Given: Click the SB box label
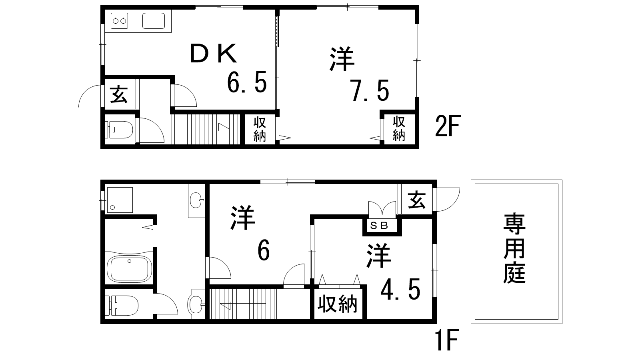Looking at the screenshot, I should click(x=380, y=226).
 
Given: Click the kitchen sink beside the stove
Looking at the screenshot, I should click(x=154, y=21).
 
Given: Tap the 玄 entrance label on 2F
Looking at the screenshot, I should click(x=119, y=94).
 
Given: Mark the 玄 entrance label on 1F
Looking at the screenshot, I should click(x=417, y=200).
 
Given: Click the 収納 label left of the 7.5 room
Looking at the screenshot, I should click(x=260, y=130).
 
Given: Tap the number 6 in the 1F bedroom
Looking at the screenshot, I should click(x=264, y=251).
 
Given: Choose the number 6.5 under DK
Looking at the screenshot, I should click(x=247, y=82).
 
